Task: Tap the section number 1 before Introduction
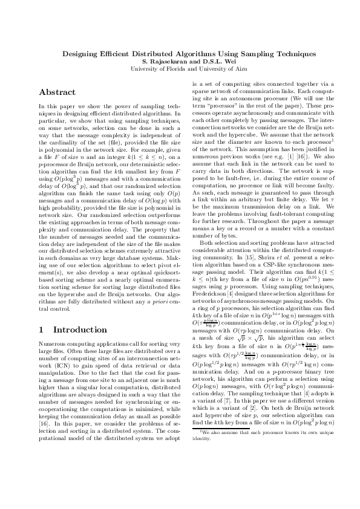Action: (41, 330)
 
